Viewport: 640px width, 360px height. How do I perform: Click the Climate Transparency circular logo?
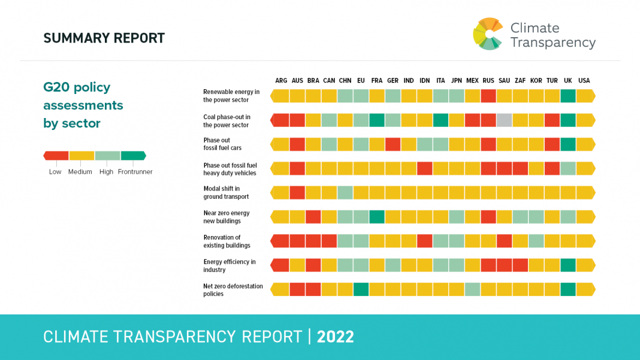pyautogui.click(x=488, y=34)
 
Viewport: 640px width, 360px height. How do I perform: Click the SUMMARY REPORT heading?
pyautogui.click(x=104, y=38)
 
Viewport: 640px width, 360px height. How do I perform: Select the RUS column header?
pyautogui.click(x=488, y=81)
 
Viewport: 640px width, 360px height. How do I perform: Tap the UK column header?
pyautogui.click(x=568, y=81)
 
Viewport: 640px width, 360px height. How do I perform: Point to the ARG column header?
pyautogui.click(x=281, y=81)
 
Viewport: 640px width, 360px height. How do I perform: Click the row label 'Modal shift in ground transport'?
pyautogui.click(x=226, y=192)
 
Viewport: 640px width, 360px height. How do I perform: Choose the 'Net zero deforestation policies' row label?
pyautogui.click(x=233, y=290)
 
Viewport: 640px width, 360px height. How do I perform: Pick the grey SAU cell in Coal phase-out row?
pyautogui.click(x=505, y=120)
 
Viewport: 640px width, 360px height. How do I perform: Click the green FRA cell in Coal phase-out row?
pyautogui.click(x=377, y=120)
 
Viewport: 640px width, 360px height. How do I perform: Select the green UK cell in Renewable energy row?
pyautogui.click(x=568, y=96)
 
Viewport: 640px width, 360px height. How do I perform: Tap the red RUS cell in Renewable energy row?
pyautogui.click(x=488, y=96)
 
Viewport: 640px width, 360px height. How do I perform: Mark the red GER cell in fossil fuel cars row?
pyautogui.click(x=393, y=144)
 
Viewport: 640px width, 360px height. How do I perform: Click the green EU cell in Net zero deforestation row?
pyautogui.click(x=361, y=289)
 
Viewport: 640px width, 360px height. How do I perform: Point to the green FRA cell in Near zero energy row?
pyautogui.click(x=377, y=216)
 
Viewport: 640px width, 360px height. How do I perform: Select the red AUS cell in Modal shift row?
pyautogui.click(x=297, y=192)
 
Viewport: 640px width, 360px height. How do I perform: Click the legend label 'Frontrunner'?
pyautogui.click(x=135, y=172)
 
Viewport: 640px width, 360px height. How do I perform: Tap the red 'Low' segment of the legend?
pyautogui.click(x=57, y=156)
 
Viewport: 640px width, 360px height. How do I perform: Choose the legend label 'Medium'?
pyautogui.click(x=80, y=172)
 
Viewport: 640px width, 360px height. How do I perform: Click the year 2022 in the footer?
pyautogui.click(x=336, y=337)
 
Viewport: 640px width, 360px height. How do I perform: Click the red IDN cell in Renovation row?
pyautogui.click(x=425, y=241)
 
